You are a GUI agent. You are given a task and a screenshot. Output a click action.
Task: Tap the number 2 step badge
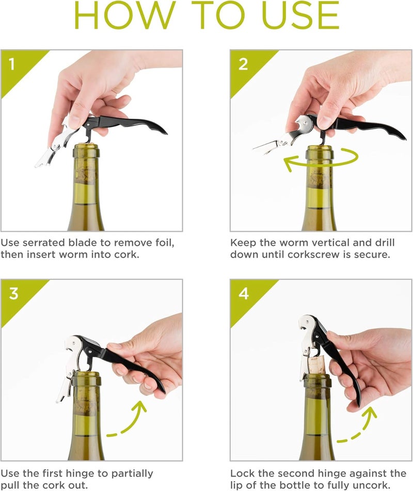pos(243,66)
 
